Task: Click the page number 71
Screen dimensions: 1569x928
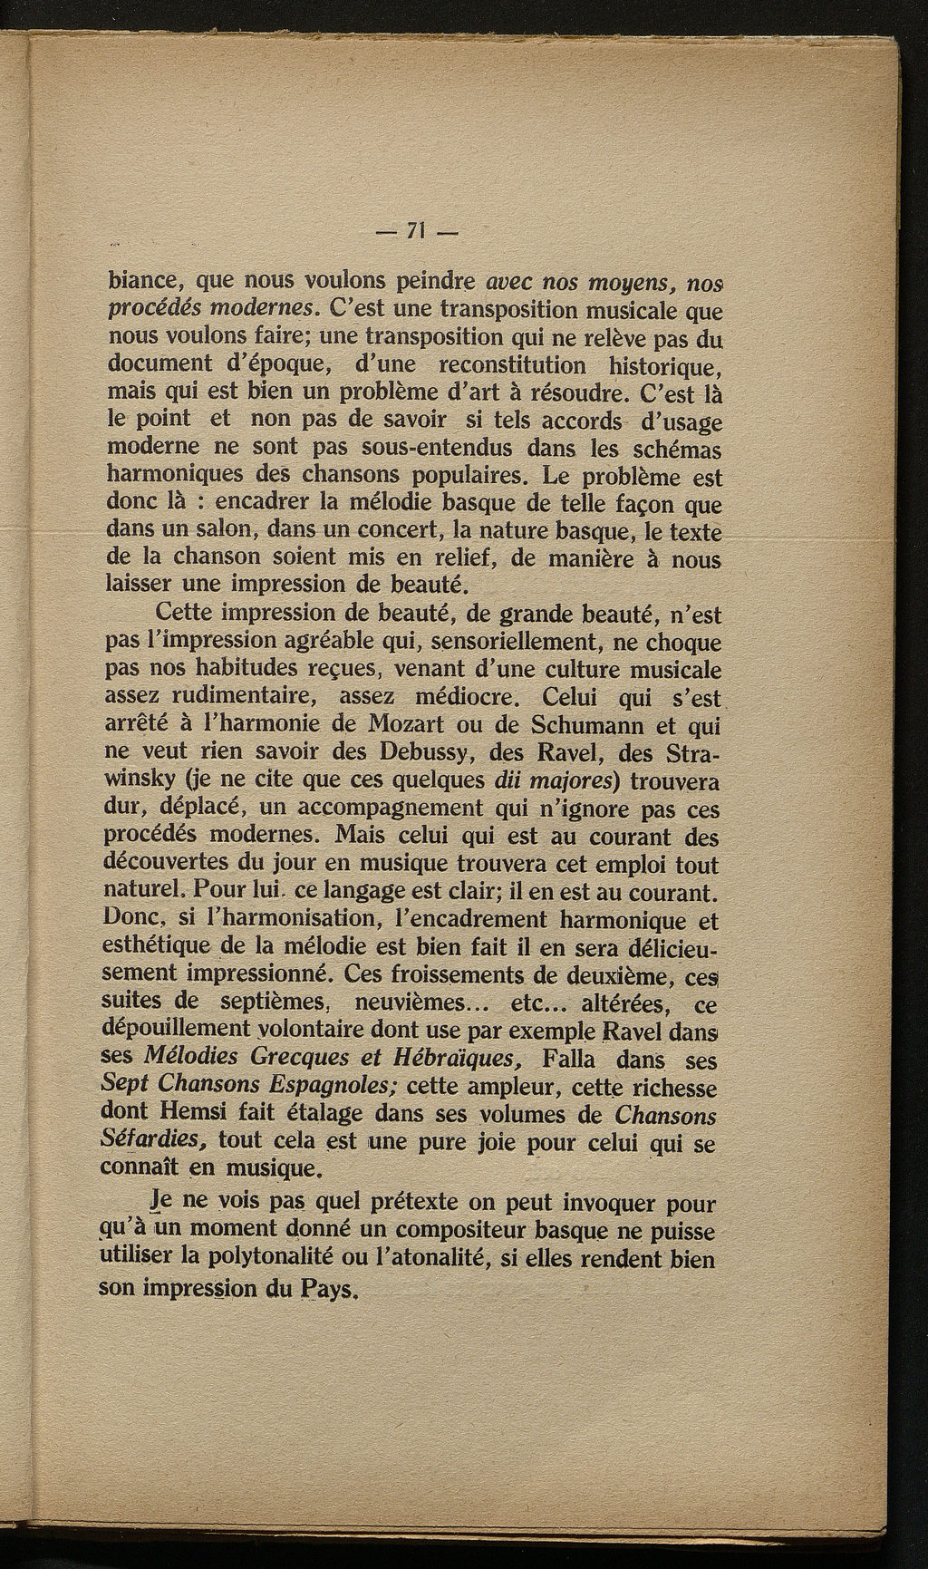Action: pos(418,231)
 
